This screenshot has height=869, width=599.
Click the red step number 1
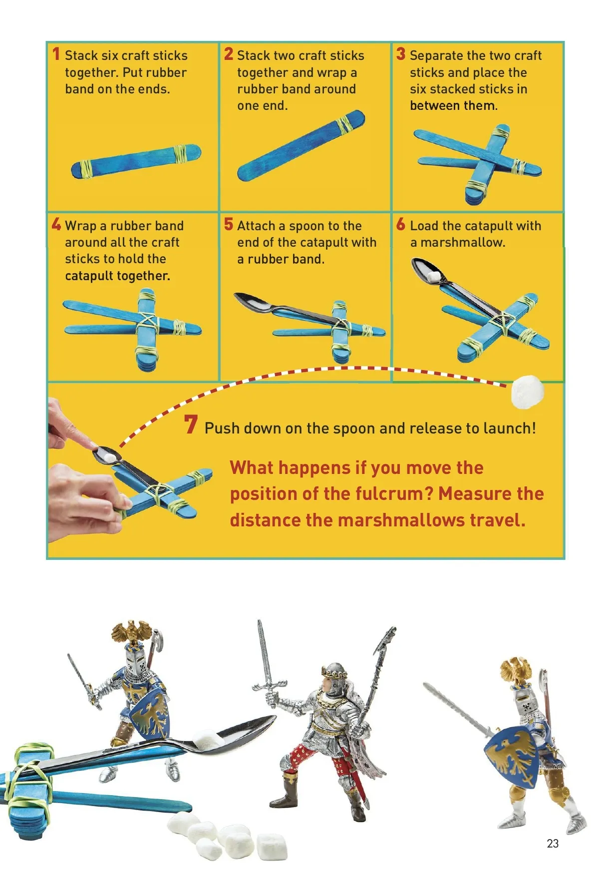click(56, 54)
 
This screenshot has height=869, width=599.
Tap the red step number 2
click(229, 54)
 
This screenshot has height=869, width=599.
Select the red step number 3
click(401, 54)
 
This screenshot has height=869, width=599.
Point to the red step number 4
click(56, 224)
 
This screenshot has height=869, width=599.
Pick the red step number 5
click(229, 224)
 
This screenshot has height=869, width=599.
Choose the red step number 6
click(401, 224)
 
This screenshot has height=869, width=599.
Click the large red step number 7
click(191, 425)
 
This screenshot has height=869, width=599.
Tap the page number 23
click(553, 844)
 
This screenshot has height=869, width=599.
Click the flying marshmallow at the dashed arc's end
click(527, 392)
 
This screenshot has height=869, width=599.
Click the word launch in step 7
click(505, 428)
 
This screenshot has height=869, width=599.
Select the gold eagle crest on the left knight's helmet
click(131, 632)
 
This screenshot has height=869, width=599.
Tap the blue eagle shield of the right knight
click(514, 756)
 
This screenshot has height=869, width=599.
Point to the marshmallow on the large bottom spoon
click(207, 739)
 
